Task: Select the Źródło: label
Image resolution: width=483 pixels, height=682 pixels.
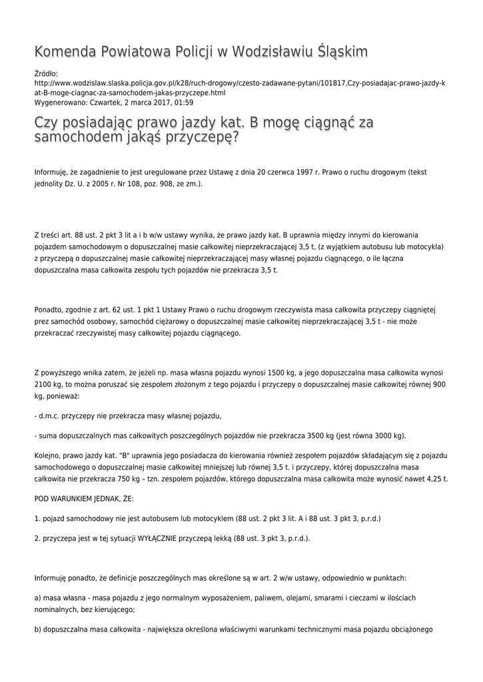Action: [46, 74]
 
